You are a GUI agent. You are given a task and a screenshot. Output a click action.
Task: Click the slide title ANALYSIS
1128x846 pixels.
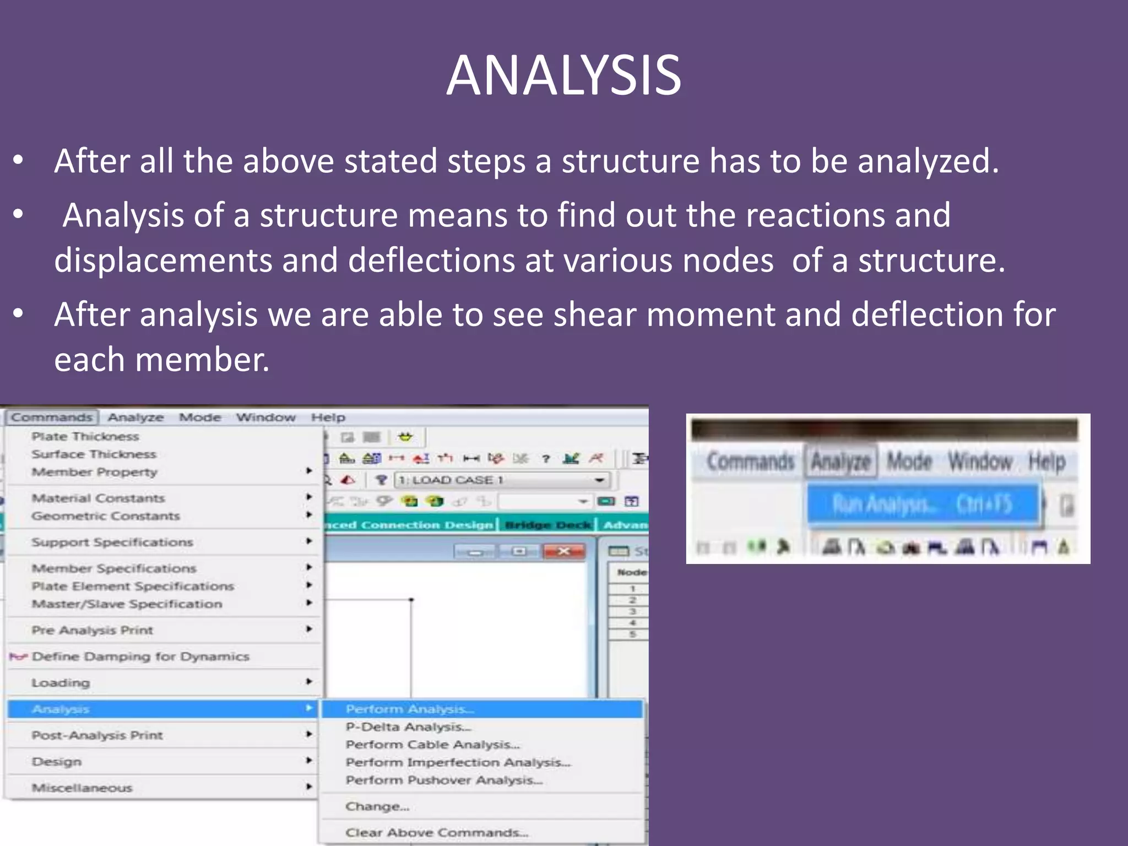563,75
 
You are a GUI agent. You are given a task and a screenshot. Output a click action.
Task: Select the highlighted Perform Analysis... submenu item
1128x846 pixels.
410,709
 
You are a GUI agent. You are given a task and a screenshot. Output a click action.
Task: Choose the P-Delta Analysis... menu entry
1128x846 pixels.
408,727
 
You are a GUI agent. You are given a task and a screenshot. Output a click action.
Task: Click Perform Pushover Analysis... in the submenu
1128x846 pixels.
444,780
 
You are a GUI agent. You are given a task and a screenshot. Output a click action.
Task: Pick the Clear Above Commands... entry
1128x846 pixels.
437,833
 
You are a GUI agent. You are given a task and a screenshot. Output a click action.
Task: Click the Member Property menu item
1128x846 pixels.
94,472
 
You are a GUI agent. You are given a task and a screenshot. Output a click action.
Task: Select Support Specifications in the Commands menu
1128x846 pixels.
112,542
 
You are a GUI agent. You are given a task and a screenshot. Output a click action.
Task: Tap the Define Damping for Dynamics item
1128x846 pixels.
140,657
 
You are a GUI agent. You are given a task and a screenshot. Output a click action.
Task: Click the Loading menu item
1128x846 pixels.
61,683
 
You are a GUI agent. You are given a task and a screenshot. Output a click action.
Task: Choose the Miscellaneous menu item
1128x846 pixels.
82,788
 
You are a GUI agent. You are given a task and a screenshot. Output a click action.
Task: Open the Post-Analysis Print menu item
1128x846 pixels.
97,735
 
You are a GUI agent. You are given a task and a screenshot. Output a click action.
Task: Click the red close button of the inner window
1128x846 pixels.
563,551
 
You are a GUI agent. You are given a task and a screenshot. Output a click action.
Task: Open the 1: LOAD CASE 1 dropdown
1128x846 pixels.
599,480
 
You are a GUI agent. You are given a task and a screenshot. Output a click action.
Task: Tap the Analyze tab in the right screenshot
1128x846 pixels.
841,462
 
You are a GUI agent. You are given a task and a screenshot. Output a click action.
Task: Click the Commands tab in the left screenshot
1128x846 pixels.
52,417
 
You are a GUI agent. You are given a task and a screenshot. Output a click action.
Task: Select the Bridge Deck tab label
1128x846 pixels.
547,525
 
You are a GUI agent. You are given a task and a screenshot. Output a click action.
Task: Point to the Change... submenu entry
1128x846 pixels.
377,807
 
